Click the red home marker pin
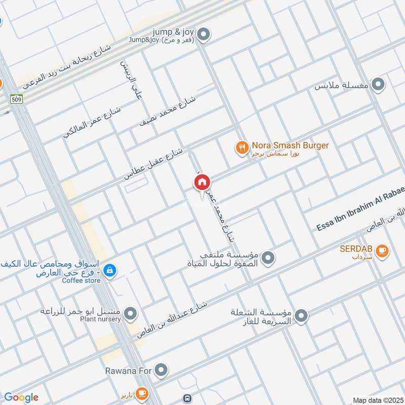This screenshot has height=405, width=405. click(201, 182)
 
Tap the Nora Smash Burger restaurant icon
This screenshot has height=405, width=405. click(241, 147)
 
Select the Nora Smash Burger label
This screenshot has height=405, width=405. click(290, 146)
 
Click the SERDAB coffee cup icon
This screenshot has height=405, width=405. click(383, 250)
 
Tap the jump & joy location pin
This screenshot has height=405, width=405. click(204, 34)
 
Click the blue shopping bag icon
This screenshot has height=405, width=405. click(109, 271)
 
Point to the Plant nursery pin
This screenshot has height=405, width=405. click(131, 314)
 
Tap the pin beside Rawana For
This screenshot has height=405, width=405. click(161, 371)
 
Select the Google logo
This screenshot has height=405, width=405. click(21, 397)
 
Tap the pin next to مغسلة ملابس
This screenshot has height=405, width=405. click(378, 85)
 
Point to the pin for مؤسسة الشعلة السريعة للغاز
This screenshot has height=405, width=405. click(301, 316)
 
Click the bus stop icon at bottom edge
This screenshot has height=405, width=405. click(188, 398)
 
